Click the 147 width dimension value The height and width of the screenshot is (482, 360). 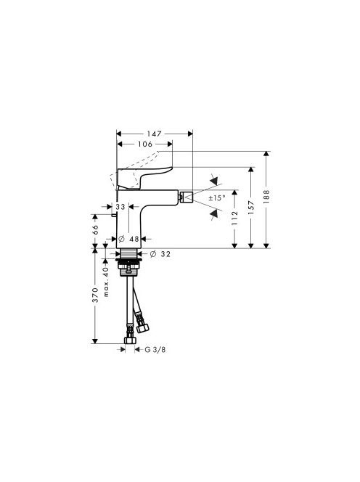tap(154, 134)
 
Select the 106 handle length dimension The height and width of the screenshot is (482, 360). tap(145, 144)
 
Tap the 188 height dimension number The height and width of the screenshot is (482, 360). tap(266, 196)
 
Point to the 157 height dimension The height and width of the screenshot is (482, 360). tap(251, 207)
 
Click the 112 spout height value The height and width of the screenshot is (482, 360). tap(234, 218)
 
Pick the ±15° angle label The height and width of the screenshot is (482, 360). tap(217, 198)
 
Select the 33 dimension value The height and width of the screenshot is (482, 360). tap(120, 207)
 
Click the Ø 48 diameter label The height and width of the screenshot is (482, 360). tap(128, 239)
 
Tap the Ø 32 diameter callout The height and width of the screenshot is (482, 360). tap(160, 254)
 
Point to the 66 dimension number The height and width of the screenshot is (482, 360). tap(95, 229)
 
